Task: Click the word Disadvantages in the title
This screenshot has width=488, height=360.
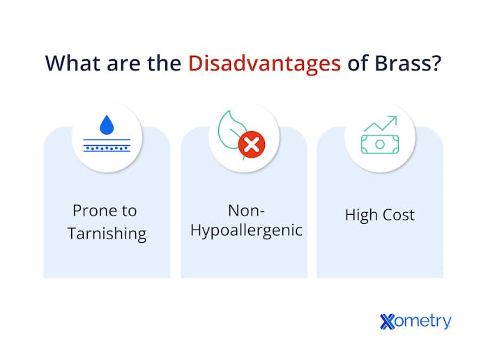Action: pyautogui.click(x=264, y=63)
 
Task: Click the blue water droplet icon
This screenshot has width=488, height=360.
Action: pyautogui.click(x=107, y=125)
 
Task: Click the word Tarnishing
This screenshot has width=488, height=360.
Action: pyautogui.click(x=107, y=234)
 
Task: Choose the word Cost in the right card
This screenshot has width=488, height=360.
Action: pyautogui.click(x=399, y=215)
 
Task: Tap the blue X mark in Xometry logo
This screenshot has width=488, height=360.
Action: pyautogui.click(x=388, y=322)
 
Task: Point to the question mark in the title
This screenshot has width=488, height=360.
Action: pyautogui.click(x=436, y=63)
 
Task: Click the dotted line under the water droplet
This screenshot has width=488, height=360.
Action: pyautogui.click(x=107, y=149)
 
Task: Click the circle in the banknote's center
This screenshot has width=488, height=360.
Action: pyautogui.click(x=379, y=144)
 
